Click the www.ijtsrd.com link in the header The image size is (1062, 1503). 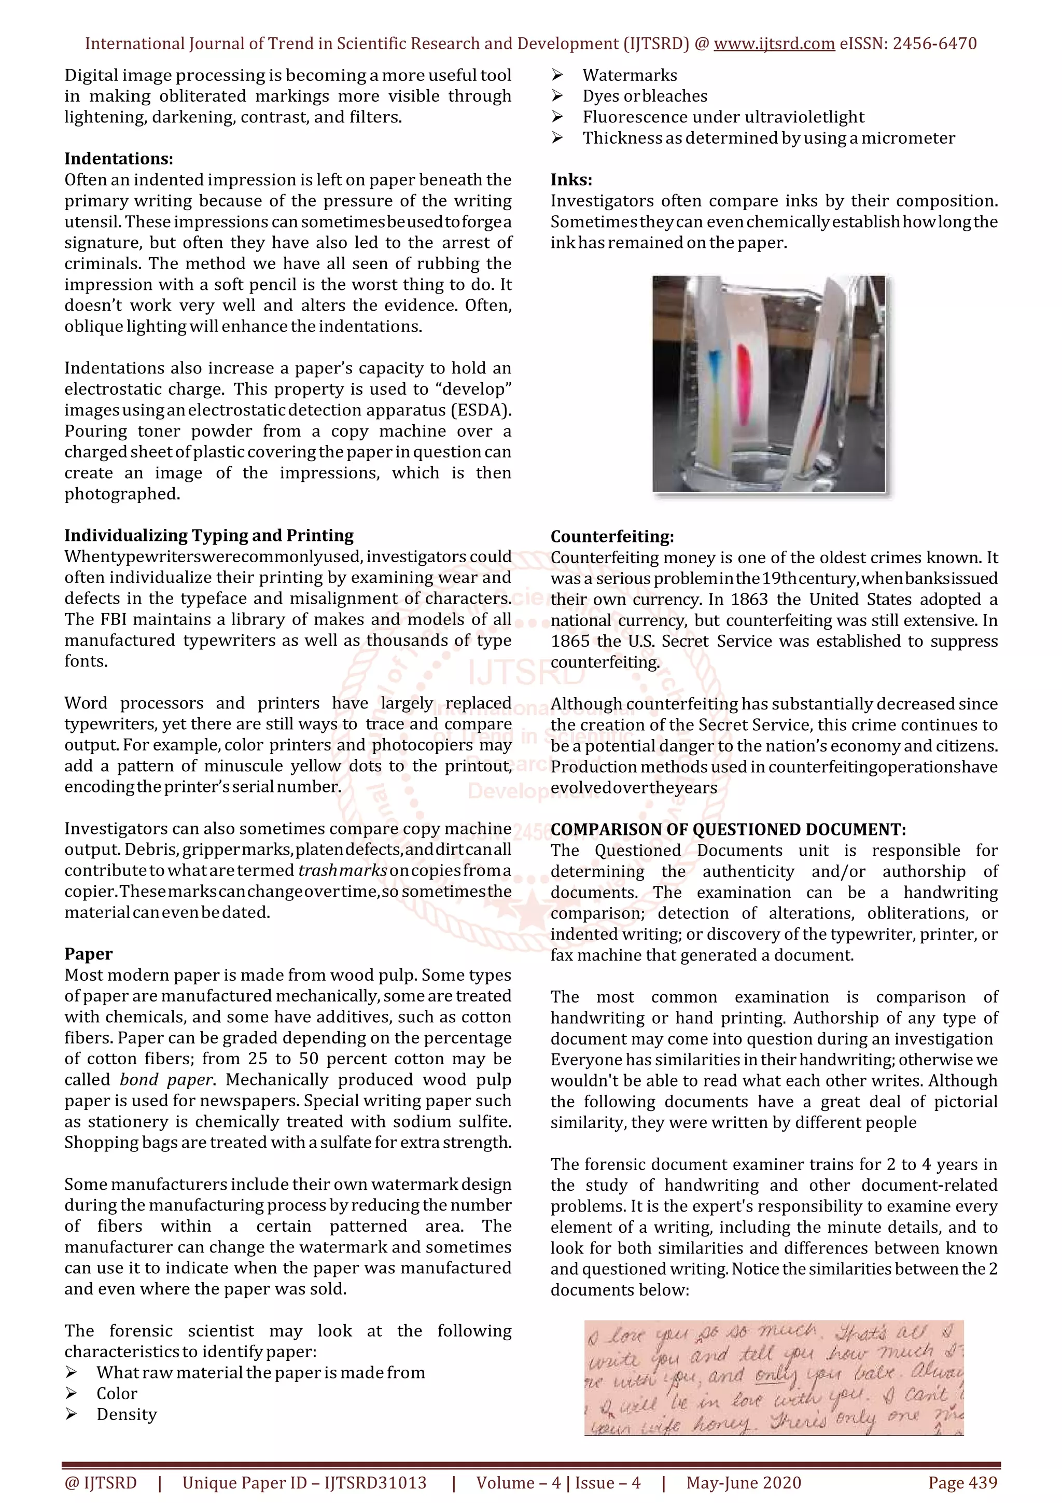pyautogui.click(x=774, y=44)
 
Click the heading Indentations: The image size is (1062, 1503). pyautogui.click(x=118, y=159)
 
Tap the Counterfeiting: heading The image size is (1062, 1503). pyautogui.click(x=612, y=537)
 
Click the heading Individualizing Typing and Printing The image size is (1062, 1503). pyautogui.click(x=209, y=535)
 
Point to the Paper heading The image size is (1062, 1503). pyautogui.click(x=88, y=954)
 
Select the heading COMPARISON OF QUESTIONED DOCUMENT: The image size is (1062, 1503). pyautogui.click(x=728, y=829)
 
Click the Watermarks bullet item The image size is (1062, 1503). pyautogui.click(x=630, y=75)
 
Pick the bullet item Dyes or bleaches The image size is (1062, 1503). pyautogui.click(x=645, y=96)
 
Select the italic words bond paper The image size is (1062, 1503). pyautogui.click(x=166, y=1079)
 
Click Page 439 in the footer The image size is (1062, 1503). pyautogui.click(x=962, y=1483)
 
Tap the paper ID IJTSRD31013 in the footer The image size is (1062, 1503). pyautogui.click(x=375, y=1483)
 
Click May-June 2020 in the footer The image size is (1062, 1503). pyautogui.click(x=743, y=1483)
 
